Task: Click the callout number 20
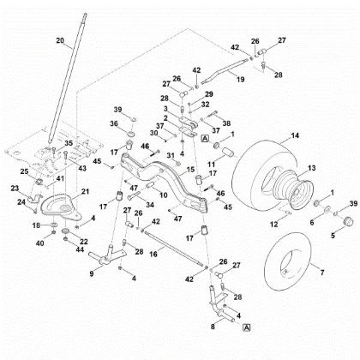pos(59,40)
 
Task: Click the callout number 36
pos(114,124)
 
